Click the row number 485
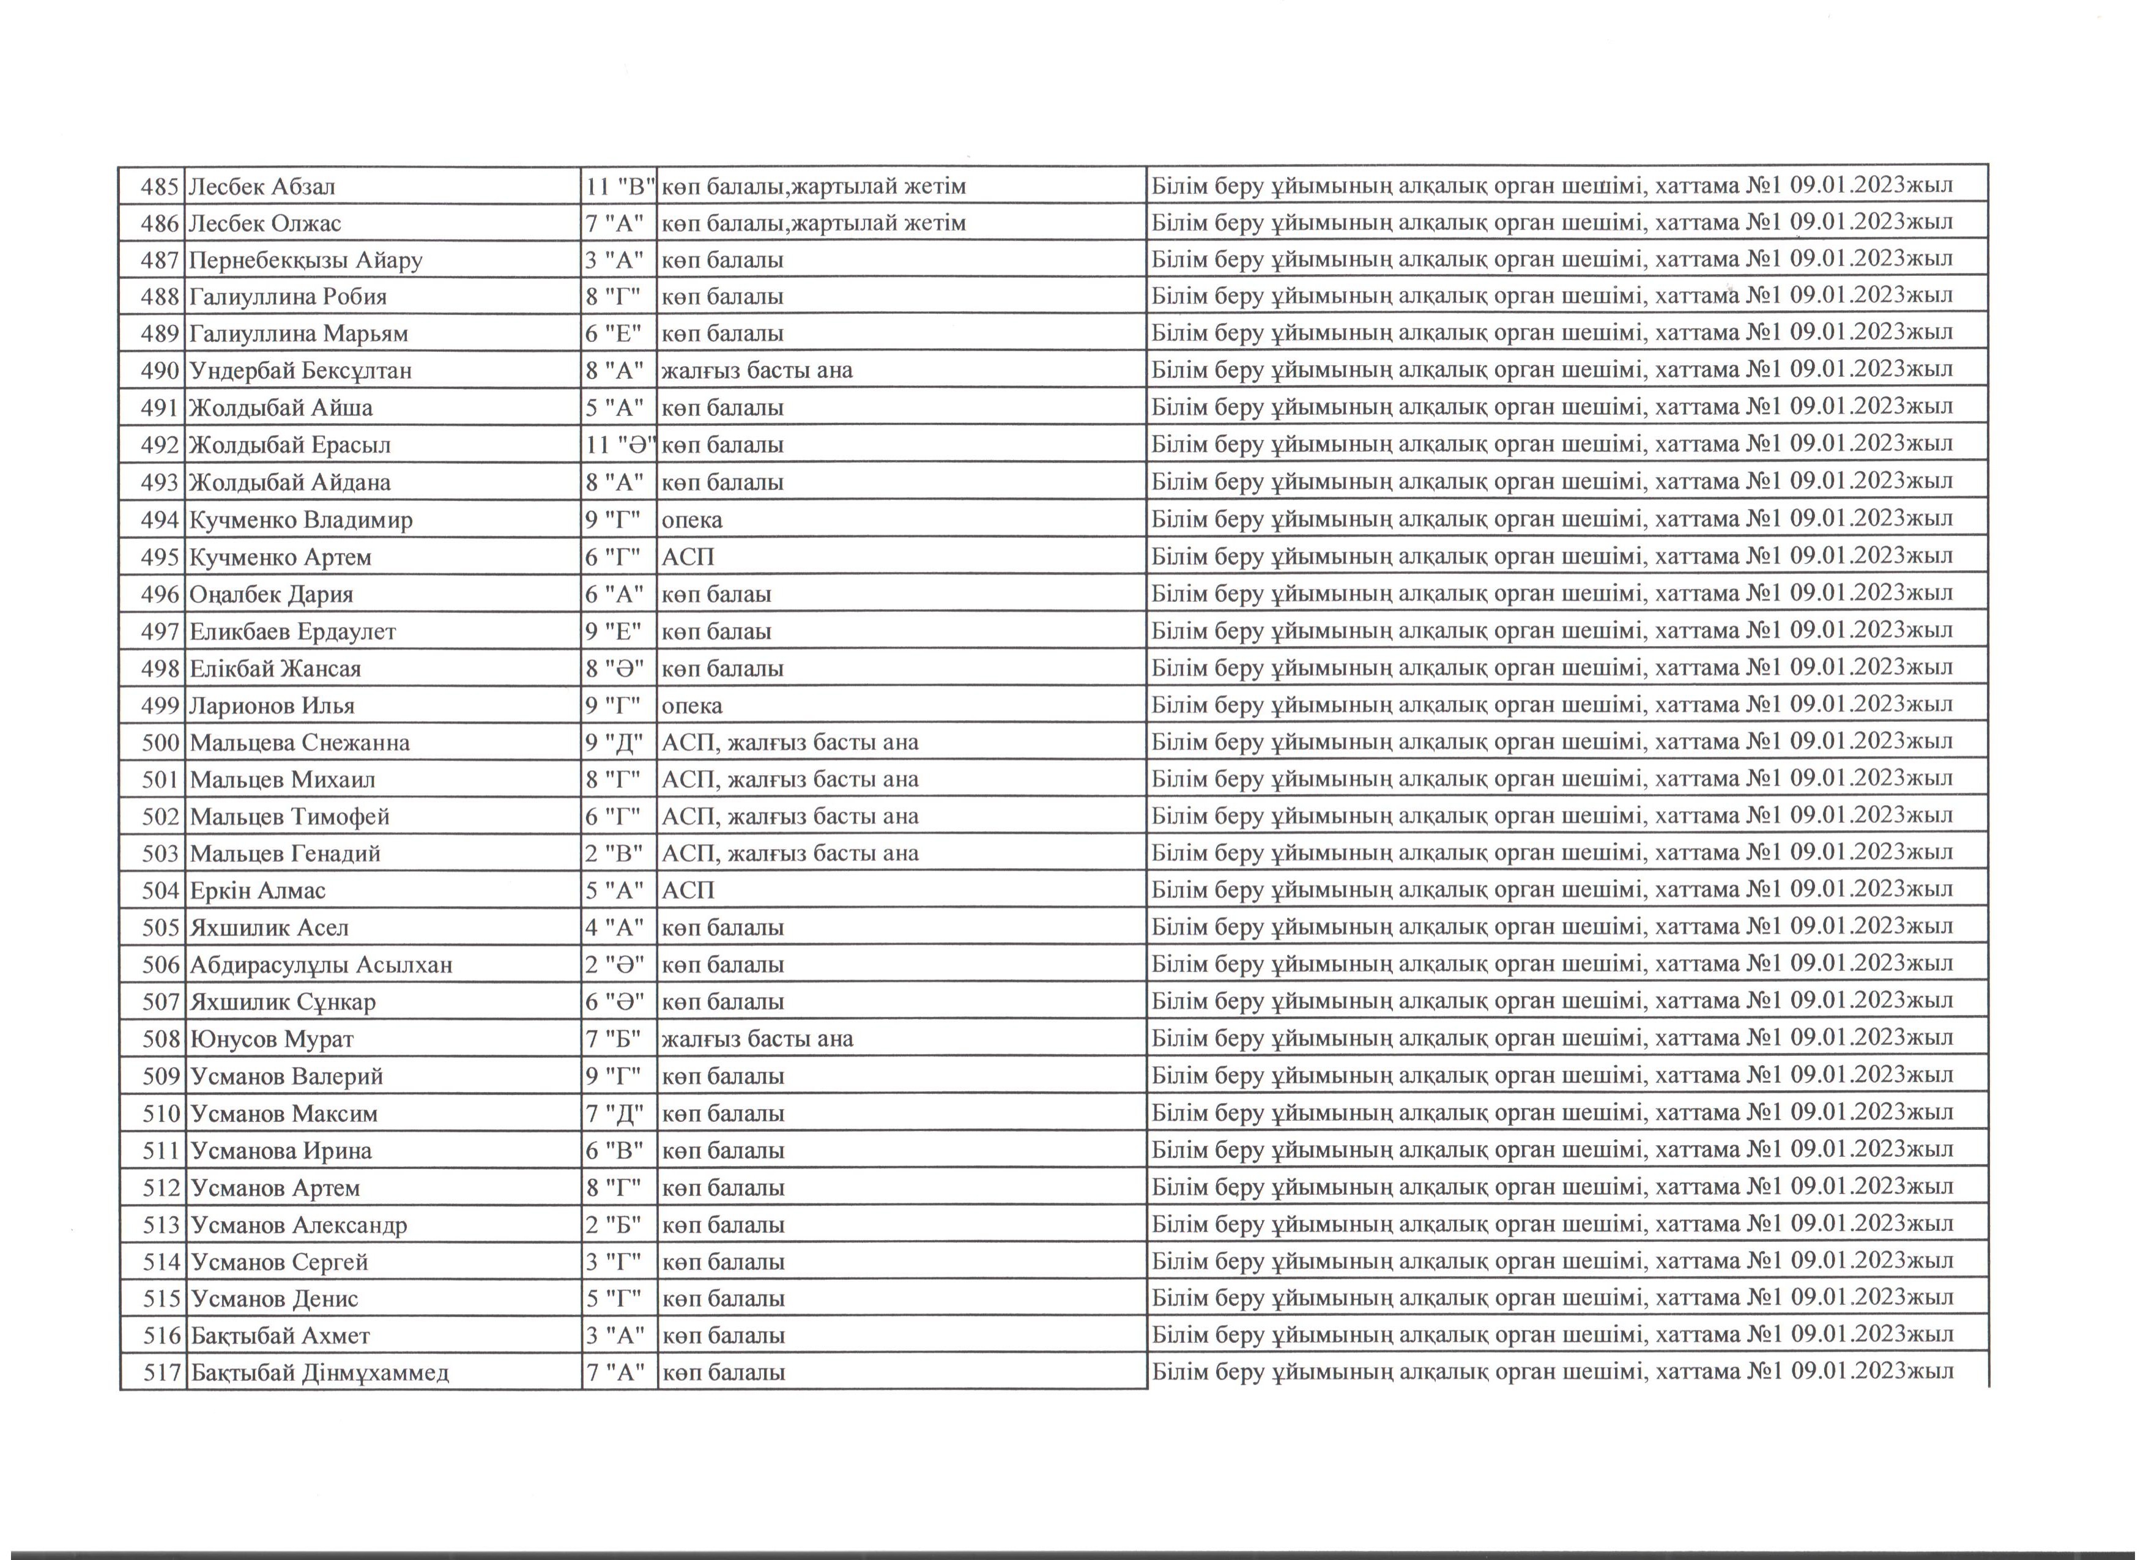click(159, 187)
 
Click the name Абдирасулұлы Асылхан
click(321, 965)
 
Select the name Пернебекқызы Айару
click(306, 260)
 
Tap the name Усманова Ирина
click(281, 1150)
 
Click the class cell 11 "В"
click(620, 187)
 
